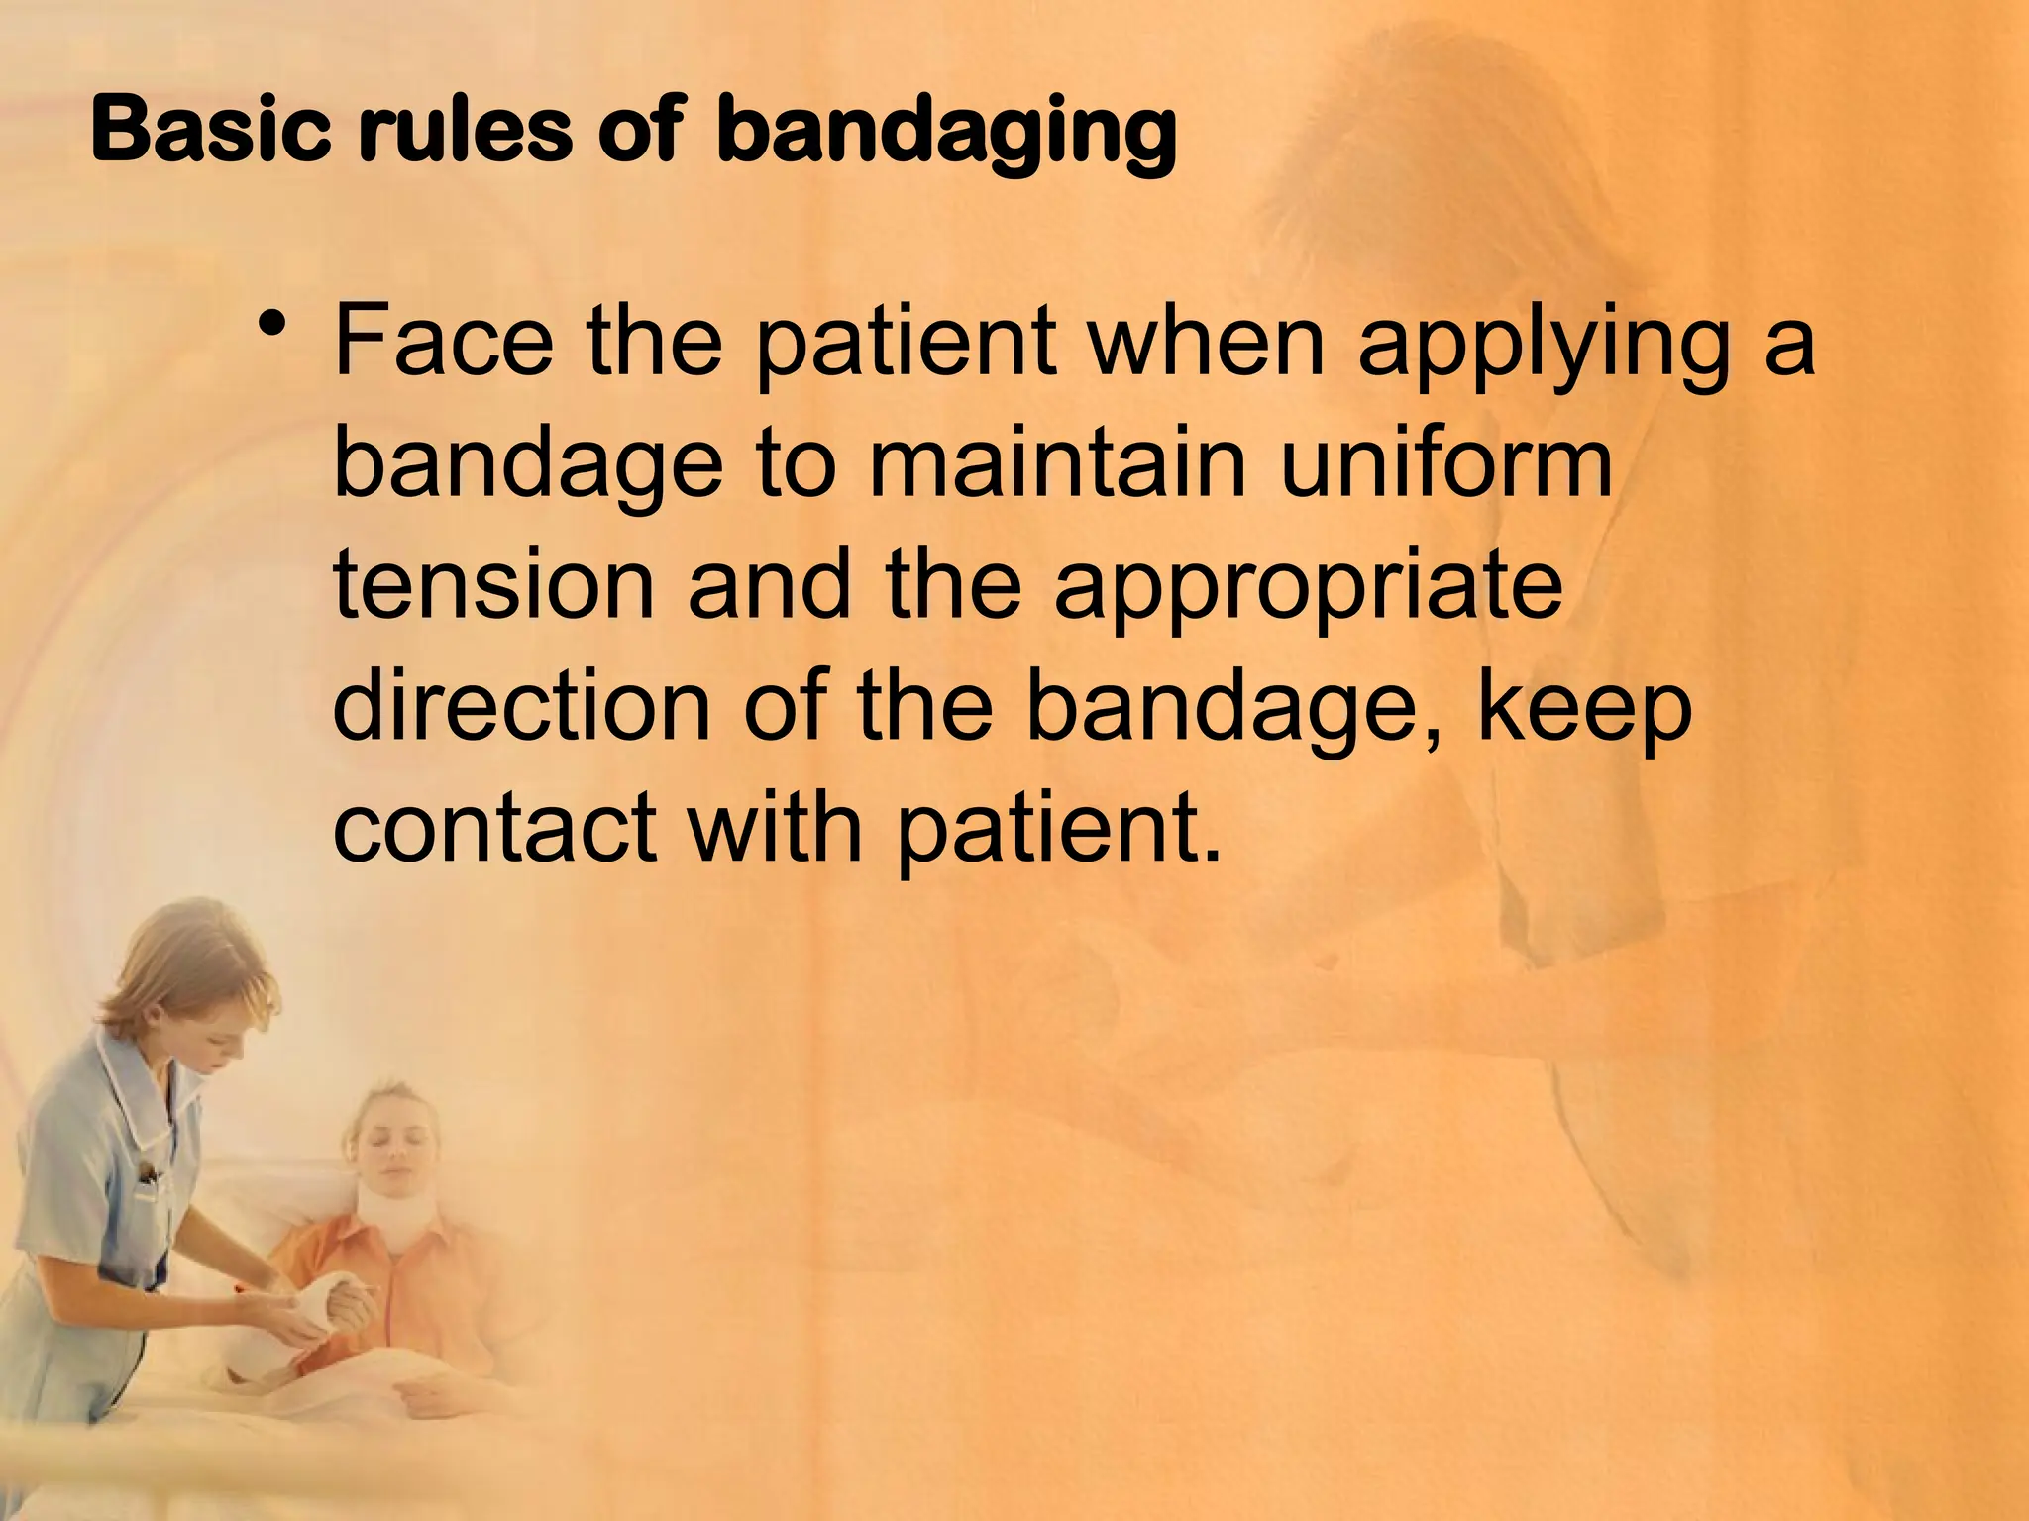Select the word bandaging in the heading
click(946, 134)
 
